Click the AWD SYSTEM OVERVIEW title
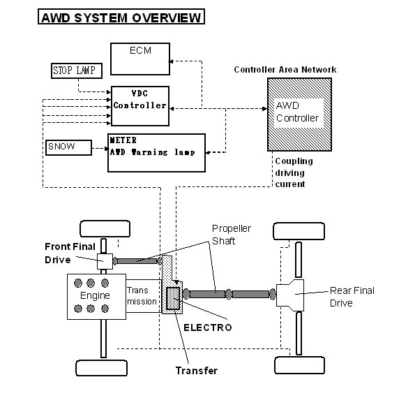pyautogui.click(x=121, y=17)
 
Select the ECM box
pyautogui.click(x=140, y=59)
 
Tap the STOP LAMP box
pyautogui.click(x=77, y=71)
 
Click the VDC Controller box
pyautogui.click(x=140, y=105)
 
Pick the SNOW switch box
pyautogui.click(x=69, y=147)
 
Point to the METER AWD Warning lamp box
pyautogui.click(x=156, y=153)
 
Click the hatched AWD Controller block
pyautogui.click(x=299, y=115)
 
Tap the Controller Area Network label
pyautogui.click(x=285, y=70)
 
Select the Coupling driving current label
pyautogui.click(x=294, y=172)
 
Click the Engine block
pyautogui.click(x=96, y=297)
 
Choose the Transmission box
pyautogui.click(x=144, y=296)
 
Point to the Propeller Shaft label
pyautogui.click(x=232, y=235)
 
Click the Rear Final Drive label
pyautogui.click(x=352, y=297)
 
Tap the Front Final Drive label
pyautogui.click(x=70, y=253)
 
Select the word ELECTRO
pyautogui.click(x=208, y=327)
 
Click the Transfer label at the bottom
pyautogui.click(x=197, y=371)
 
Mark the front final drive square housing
pyautogui.click(x=105, y=262)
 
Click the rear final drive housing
pyautogui.click(x=290, y=295)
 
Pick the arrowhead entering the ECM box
pyautogui.click(x=172, y=61)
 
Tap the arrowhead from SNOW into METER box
pyautogui.click(x=106, y=149)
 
